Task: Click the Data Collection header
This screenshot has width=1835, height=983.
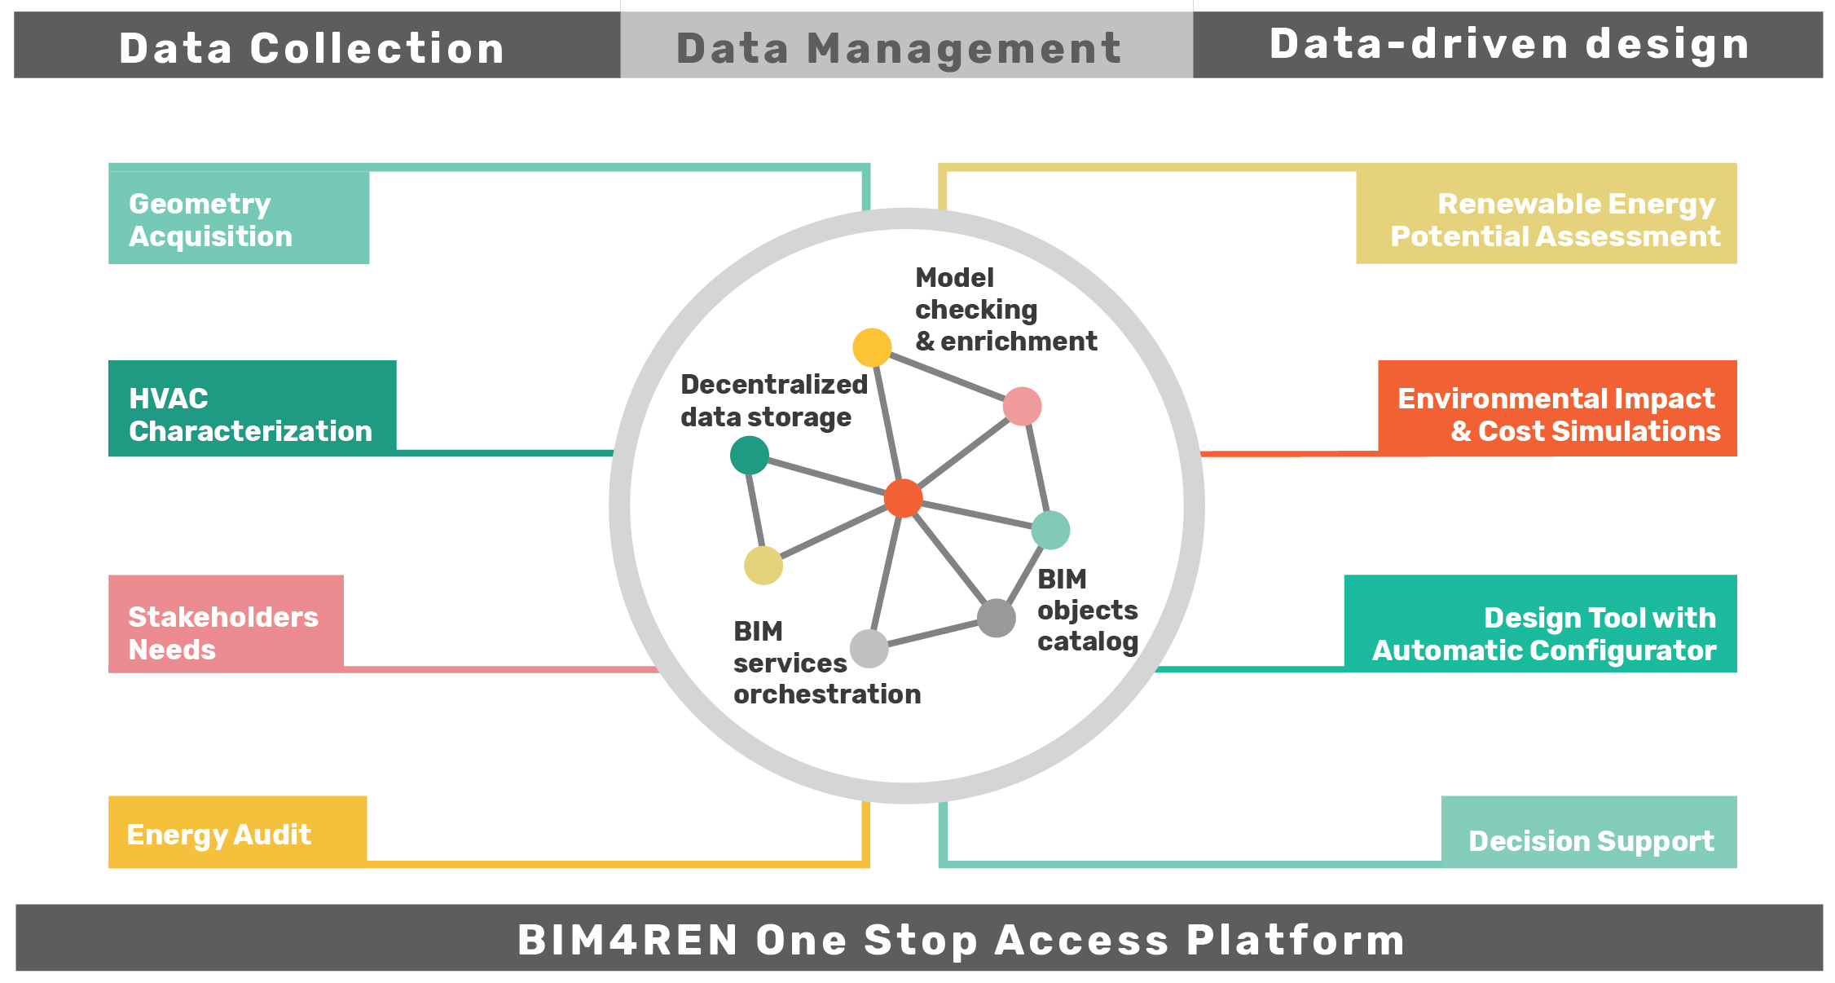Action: [317, 46]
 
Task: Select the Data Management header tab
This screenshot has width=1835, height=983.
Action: [907, 46]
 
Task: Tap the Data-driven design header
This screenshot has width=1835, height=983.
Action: [1508, 46]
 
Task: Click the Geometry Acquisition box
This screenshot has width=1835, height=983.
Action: [239, 218]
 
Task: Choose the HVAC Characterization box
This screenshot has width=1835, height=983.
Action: [253, 408]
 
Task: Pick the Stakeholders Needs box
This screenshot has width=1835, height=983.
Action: [226, 624]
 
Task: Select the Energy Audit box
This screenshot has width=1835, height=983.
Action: [237, 832]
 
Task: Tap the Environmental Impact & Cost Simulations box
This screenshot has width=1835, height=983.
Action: [1557, 408]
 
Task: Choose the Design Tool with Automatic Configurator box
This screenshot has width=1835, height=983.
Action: [1540, 624]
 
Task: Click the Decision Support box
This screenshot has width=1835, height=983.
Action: [1589, 832]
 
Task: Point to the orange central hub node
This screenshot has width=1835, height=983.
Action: [903, 498]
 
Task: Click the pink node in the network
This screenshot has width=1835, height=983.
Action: [1022, 406]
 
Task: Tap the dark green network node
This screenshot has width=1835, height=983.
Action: [750, 455]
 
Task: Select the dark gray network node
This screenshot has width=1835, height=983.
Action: [996, 618]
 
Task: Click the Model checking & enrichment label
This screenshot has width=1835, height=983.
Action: [1006, 310]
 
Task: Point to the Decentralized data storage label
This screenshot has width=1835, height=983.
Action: [774, 401]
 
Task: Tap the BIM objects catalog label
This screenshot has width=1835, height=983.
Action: [1088, 611]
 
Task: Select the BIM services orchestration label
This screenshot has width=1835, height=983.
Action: [827, 663]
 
